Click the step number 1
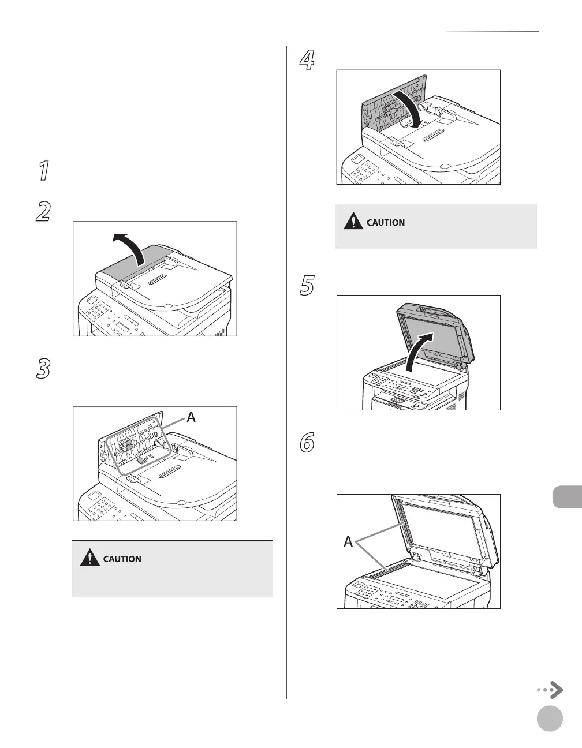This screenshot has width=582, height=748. coord(43,172)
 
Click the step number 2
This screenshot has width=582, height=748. coord(43,212)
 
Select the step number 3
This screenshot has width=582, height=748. coord(43,369)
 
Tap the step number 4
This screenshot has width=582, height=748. coord(307,61)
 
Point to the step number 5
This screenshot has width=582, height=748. coord(307,286)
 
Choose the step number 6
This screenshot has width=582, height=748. coord(307,443)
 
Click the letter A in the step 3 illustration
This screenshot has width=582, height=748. coord(191,417)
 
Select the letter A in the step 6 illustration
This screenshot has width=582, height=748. coord(348,542)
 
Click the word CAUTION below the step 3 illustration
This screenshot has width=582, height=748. coord(122,559)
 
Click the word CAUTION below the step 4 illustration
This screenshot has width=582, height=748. coord(386,222)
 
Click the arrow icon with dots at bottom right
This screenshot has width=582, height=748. coord(550,690)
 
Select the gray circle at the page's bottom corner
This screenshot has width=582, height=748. coord(549,719)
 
